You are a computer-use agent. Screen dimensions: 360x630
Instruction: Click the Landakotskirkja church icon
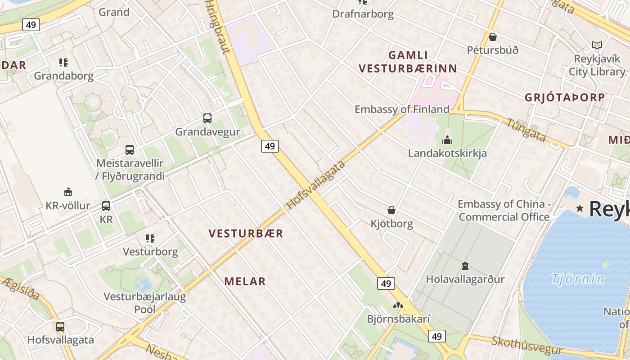pyautogui.click(x=447, y=140)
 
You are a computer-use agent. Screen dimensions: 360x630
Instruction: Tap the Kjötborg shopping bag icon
pyautogui.click(x=391, y=210)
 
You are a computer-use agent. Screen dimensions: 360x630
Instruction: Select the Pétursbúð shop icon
pyautogui.click(x=493, y=36)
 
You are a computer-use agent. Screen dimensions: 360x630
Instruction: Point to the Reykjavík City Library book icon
pyautogui.click(x=597, y=45)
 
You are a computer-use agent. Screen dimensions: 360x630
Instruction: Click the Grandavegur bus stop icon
pyautogui.click(x=207, y=118)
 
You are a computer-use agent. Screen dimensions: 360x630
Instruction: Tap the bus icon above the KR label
pyautogui.click(x=106, y=206)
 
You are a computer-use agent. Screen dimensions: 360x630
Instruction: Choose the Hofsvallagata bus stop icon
pyautogui.click(x=60, y=326)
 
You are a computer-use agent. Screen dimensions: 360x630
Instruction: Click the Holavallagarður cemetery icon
pyautogui.click(x=465, y=266)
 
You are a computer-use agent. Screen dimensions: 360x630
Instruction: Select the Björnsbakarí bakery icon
pyautogui.click(x=398, y=306)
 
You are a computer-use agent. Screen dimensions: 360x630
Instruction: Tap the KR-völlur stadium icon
pyautogui.click(x=68, y=192)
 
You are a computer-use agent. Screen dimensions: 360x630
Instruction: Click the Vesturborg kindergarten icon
pyautogui.click(x=150, y=238)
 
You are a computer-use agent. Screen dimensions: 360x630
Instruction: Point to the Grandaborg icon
pyautogui.click(x=63, y=62)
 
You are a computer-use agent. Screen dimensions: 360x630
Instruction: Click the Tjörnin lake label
pyautogui.click(x=578, y=279)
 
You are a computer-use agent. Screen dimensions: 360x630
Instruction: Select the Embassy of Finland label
pyautogui.click(x=402, y=109)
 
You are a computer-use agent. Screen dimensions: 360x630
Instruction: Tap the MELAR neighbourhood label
pyautogui.click(x=245, y=282)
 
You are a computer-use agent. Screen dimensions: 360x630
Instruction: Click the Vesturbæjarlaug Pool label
pyautogui.click(x=145, y=303)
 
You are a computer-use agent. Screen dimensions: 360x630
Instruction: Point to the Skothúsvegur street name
pyautogui.click(x=526, y=346)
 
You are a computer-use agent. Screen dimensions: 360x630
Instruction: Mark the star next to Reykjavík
pyautogui.click(x=580, y=208)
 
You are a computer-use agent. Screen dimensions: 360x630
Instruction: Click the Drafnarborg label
pyautogui.click(x=363, y=14)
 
